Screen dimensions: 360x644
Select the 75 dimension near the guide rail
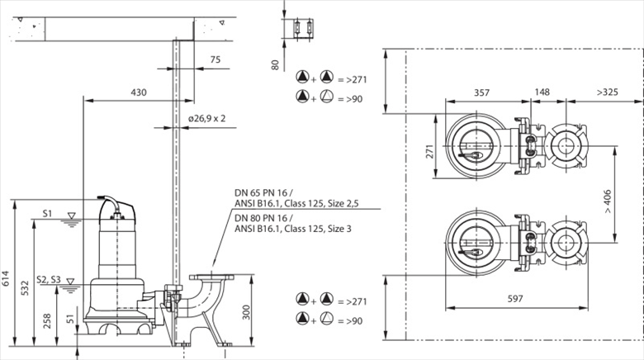[x=215, y=59]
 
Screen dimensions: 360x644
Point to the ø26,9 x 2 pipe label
[x=207, y=118]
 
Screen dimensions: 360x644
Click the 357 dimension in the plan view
[x=481, y=92]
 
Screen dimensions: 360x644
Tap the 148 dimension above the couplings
[x=542, y=92]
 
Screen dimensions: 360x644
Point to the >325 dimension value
[x=608, y=92]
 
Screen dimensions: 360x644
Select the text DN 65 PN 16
[x=263, y=196]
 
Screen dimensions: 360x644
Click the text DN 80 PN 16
[x=263, y=218]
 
